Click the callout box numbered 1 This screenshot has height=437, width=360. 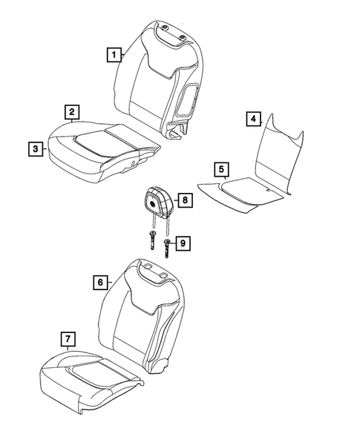pyautogui.click(x=113, y=54)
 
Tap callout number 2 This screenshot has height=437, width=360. pyautogui.click(x=71, y=112)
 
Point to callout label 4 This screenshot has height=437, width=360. pyautogui.click(x=253, y=119)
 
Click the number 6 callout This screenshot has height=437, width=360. pyautogui.click(x=99, y=283)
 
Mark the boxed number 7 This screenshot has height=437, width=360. pyautogui.click(x=68, y=341)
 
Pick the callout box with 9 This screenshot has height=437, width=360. pyautogui.click(x=184, y=243)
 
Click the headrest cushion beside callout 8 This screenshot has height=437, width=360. pyautogui.click(x=157, y=200)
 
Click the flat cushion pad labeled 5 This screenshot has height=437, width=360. pyautogui.click(x=238, y=191)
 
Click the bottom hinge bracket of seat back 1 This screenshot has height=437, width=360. pyautogui.click(x=176, y=134)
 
